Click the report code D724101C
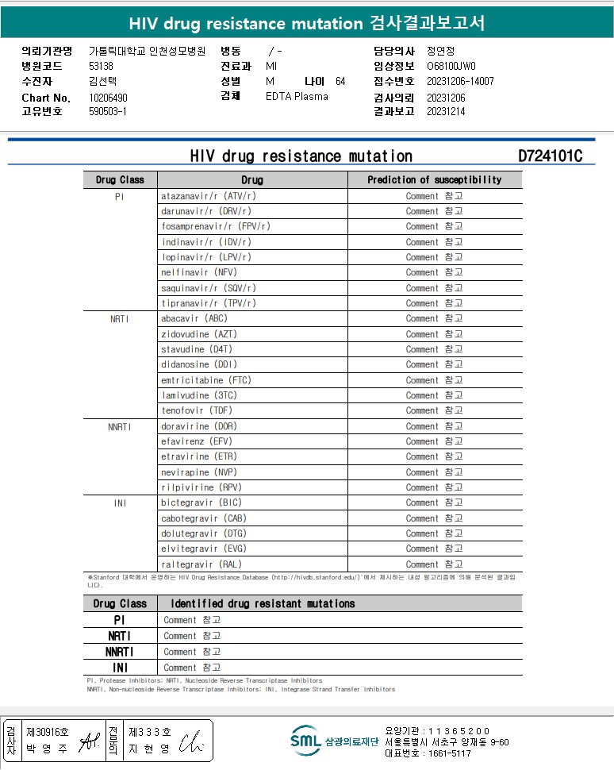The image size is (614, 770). point(550,156)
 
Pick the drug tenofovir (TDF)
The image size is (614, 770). point(197,410)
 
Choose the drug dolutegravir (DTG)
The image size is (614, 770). point(204,533)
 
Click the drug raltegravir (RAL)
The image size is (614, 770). point(201,564)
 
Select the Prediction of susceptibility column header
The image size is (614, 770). point(434,180)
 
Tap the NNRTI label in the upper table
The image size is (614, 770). point(120,426)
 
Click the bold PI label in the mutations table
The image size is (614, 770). point(120,620)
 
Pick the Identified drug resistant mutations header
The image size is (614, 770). point(263,604)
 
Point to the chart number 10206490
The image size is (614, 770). point(108,98)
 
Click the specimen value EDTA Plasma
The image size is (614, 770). point(297,97)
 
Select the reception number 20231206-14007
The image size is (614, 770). point(460,82)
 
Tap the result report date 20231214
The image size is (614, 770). point(446,112)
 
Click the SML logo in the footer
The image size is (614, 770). point(305,741)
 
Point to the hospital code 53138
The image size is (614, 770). point(102,67)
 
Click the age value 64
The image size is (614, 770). point(340,82)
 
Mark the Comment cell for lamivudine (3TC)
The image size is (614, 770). point(434,395)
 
